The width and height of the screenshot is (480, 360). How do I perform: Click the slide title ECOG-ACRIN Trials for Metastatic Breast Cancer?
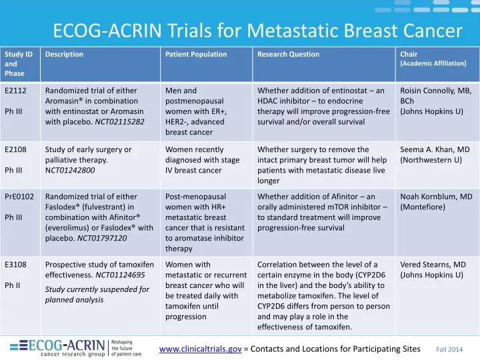point(257,30)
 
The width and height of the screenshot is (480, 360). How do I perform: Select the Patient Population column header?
point(196,55)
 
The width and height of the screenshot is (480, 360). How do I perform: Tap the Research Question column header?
point(288,55)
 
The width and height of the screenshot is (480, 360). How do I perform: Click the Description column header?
point(64,55)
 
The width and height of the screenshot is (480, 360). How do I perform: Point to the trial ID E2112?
point(15,91)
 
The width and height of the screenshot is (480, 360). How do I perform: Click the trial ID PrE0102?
point(19,197)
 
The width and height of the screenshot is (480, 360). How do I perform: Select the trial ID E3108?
point(15,265)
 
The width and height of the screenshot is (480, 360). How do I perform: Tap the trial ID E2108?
point(15,149)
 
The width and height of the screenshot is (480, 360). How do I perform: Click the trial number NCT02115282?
point(119,122)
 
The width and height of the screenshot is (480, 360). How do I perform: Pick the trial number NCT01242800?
point(69,170)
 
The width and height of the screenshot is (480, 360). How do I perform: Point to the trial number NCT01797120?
point(102,238)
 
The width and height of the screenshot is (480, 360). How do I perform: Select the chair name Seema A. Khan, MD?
point(435,149)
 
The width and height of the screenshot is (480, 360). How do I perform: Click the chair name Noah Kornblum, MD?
point(436,197)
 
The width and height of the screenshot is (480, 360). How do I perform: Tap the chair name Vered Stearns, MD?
point(433,265)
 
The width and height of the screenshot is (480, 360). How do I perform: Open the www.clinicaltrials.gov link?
point(200,349)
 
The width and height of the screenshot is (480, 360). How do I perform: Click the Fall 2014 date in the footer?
point(449,349)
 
